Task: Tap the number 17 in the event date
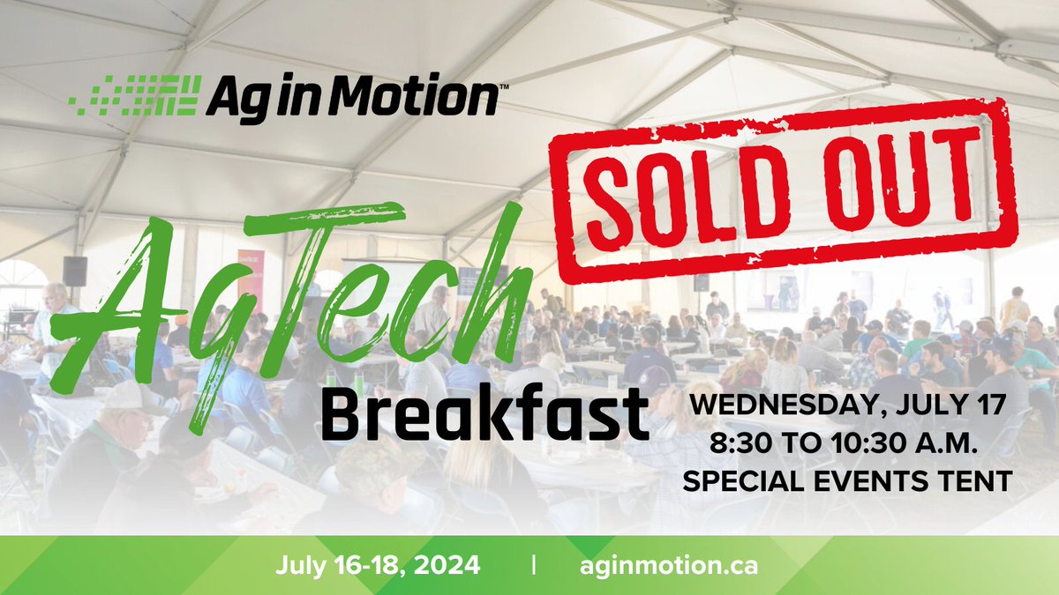pos(985,407)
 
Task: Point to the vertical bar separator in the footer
pos(535,564)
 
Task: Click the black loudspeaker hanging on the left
pos(75,271)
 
